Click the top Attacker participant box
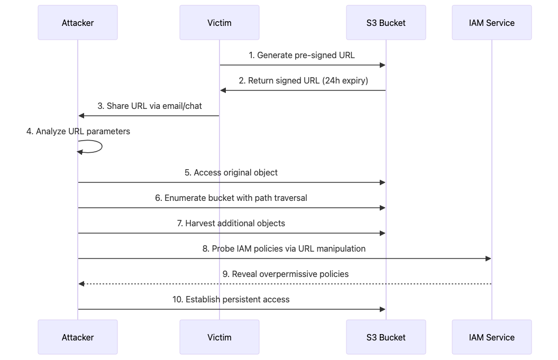77,23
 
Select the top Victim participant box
219,23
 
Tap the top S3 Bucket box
386,23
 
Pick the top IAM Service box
491,23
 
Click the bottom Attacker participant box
77,337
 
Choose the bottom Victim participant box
219,337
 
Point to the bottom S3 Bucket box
386,337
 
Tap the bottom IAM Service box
491,337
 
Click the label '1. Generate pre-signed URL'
303,55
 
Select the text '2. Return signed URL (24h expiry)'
303,80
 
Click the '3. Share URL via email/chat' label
150,106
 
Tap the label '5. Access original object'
231,172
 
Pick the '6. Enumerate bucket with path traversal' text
231,198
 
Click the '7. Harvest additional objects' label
231,223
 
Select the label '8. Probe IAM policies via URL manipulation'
284,248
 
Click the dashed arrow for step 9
286,284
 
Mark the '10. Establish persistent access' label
231,299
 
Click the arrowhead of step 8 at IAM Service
488,259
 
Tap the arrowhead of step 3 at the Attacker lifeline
81,116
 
